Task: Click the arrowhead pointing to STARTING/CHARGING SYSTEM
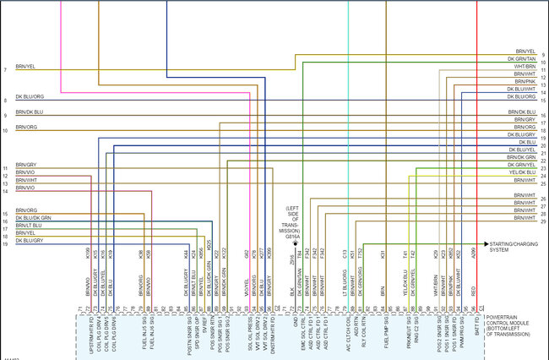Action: click(486, 243)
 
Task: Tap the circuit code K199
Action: click(89, 253)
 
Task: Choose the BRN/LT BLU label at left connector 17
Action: click(29, 226)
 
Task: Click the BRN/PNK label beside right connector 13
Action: click(525, 81)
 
